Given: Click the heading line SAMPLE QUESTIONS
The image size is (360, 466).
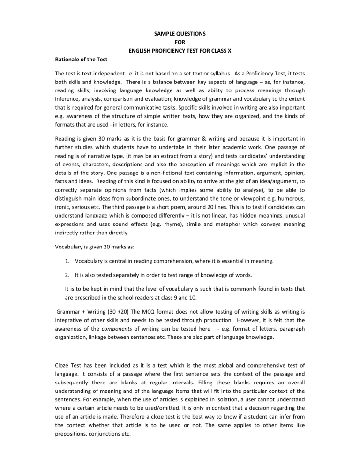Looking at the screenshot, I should click(180, 34).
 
